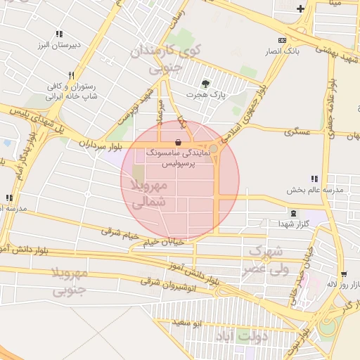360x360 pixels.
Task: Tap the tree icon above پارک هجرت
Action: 205,82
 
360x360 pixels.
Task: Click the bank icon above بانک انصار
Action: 283,40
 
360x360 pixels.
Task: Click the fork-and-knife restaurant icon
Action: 71,75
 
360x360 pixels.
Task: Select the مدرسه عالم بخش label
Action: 314,190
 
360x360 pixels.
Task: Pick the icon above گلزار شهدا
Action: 292,212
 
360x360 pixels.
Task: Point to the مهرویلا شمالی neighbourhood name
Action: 148,193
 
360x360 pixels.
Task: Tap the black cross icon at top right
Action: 301,8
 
